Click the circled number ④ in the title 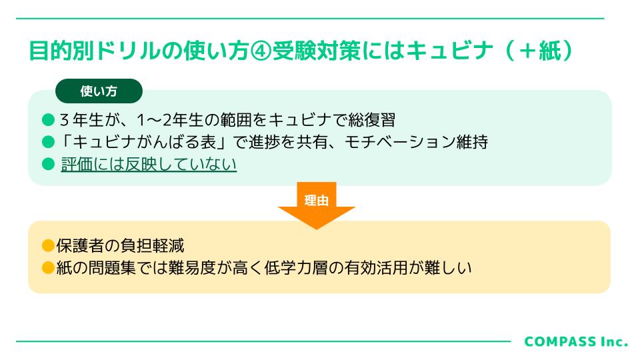point(261,51)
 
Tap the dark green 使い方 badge point(99,91)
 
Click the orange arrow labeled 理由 point(316,205)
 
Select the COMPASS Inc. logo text point(576,341)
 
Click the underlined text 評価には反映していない point(149,164)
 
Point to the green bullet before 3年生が point(48,120)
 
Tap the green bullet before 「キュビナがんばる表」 point(48,142)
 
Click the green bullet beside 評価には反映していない point(48,164)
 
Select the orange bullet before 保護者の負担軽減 point(48,246)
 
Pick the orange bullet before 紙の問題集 point(48,268)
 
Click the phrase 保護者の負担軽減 point(120,246)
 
